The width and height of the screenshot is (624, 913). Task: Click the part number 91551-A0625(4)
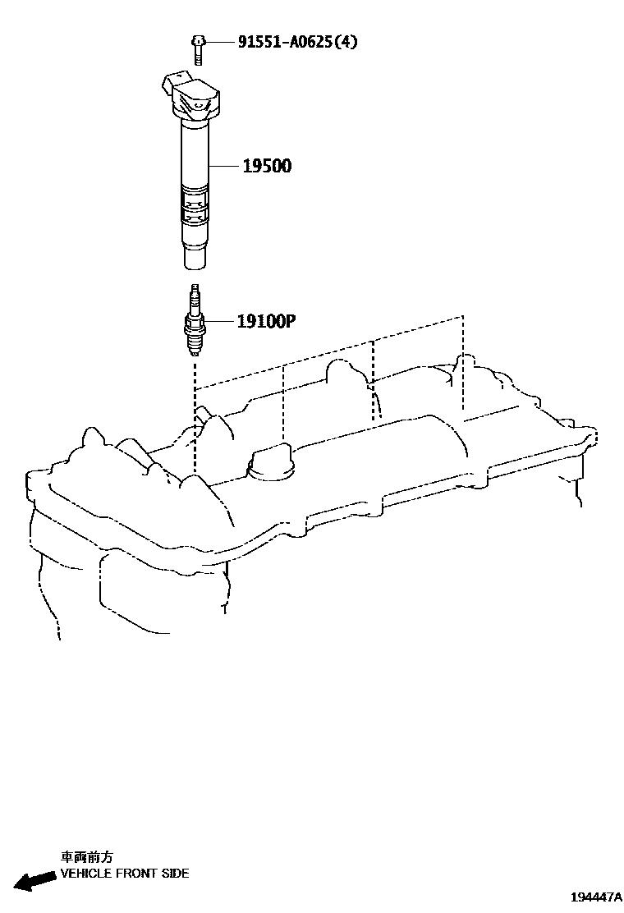click(x=297, y=42)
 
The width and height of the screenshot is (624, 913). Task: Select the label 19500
click(x=267, y=167)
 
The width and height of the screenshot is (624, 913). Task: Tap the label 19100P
click(x=265, y=322)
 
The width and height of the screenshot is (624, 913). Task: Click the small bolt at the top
click(x=198, y=49)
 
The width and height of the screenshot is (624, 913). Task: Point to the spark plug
click(x=195, y=322)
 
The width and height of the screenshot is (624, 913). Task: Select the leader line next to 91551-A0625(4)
click(x=218, y=42)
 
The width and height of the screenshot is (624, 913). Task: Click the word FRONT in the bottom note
click(x=133, y=874)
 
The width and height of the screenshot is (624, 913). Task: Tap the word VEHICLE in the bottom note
click(x=86, y=874)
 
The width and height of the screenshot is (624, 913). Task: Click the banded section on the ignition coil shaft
click(x=195, y=205)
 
